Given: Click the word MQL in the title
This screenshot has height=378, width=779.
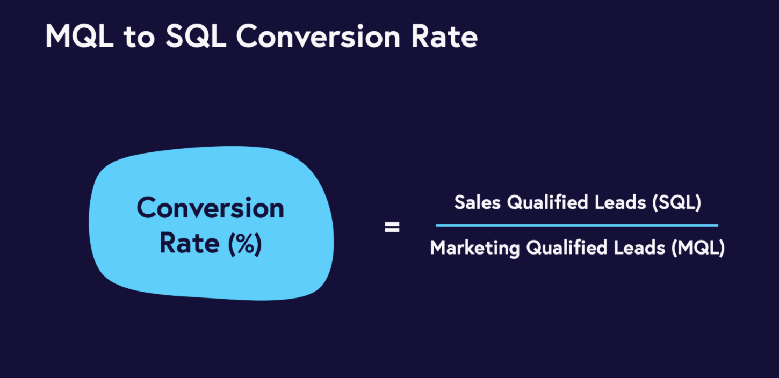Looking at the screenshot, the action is pyautogui.click(x=80, y=36).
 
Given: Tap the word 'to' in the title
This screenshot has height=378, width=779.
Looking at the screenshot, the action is pyautogui.click(x=139, y=37).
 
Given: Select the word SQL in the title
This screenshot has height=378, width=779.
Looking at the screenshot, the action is pyautogui.click(x=196, y=36).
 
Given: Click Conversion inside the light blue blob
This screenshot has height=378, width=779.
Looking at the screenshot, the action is pyautogui.click(x=211, y=208).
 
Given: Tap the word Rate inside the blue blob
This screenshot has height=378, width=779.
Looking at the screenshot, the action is pyautogui.click(x=190, y=243).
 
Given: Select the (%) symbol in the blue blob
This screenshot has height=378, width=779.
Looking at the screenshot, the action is pyautogui.click(x=245, y=244).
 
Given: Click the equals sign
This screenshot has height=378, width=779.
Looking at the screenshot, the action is pyautogui.click(x=392, y=228).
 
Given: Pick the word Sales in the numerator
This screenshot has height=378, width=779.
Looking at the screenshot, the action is pyautogui.click(x=478, y=202).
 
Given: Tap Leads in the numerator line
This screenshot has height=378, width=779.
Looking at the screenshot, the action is pyautogui.click(x=620, y=202).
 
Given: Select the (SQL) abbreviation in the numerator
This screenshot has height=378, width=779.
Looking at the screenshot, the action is pyautogui.click(x=677, y=202).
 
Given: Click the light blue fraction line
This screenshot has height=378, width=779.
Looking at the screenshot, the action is pyautogui.click(x=577, y=226).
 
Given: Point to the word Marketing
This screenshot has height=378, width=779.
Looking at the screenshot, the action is pyautogui.click(x=475, y=248).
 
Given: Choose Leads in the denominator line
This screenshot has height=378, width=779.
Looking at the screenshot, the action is pyautogui.click(x=639, y=248).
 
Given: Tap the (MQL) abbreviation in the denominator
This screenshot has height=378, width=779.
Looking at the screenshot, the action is pyautogui.click(x=698, y=248).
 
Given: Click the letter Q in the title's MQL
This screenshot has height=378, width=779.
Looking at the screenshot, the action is pyautogui.click(x=83, y=37).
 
